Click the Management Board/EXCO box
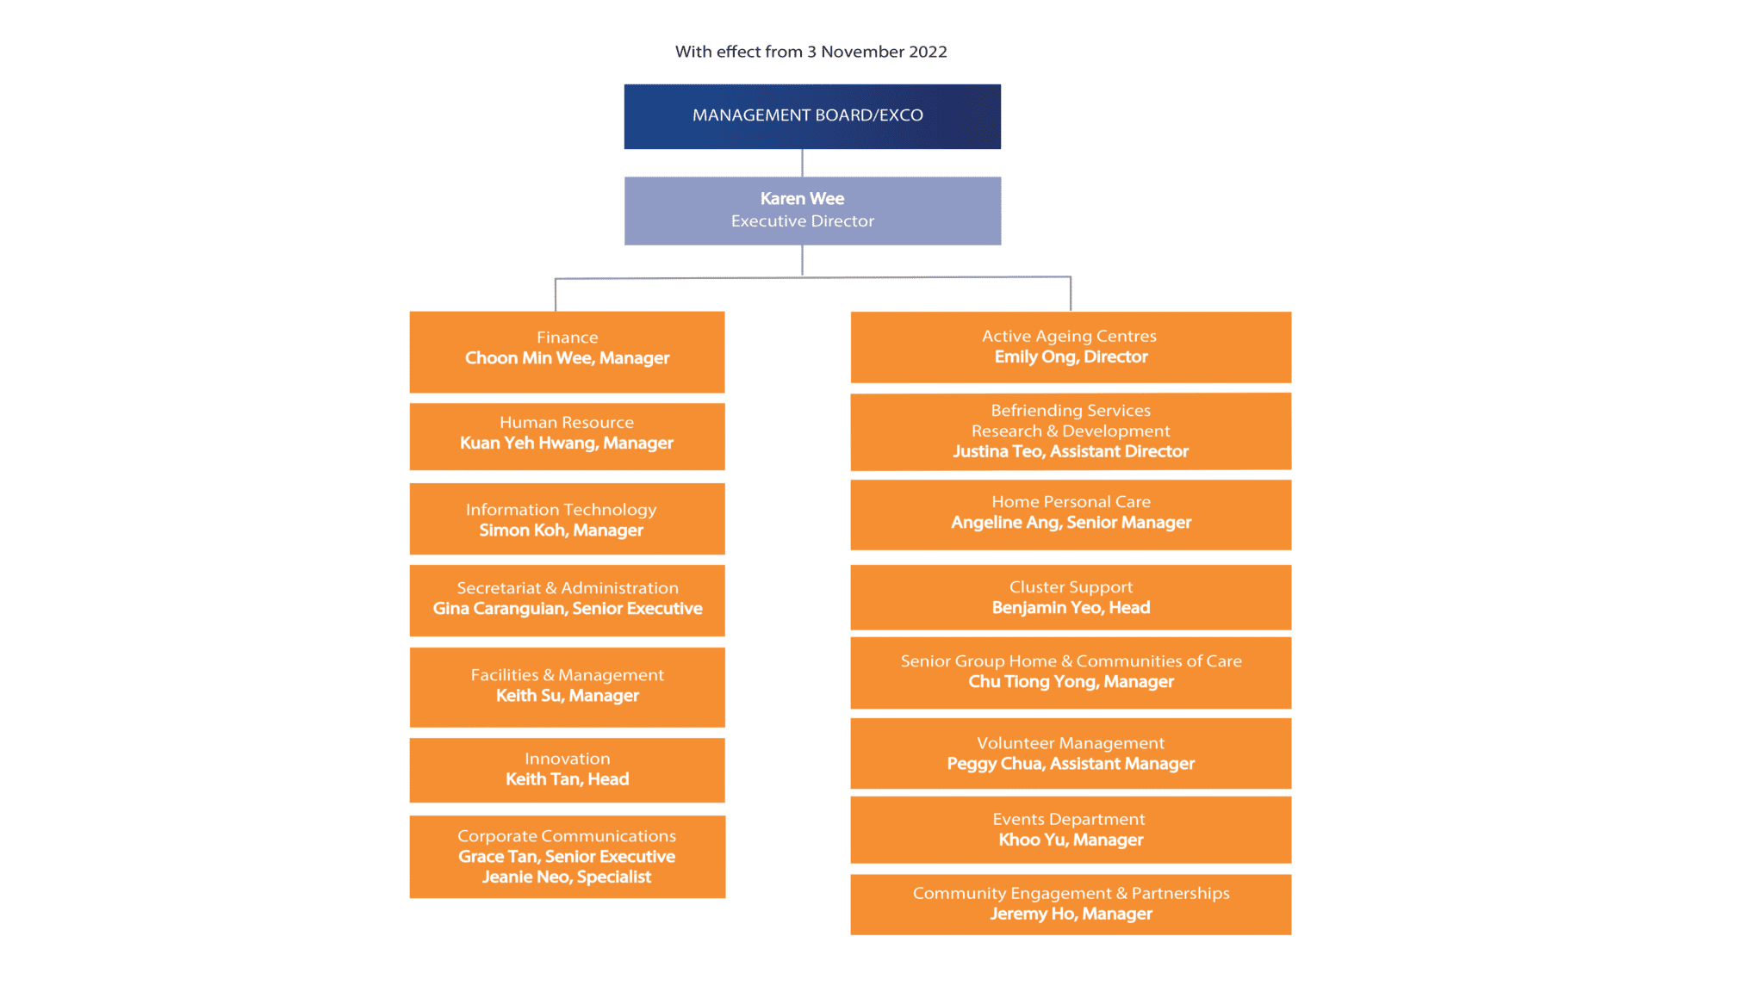pos(812,116)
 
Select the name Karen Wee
pos(802,199)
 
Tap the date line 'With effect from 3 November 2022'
pos(811,52)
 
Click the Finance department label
pos(567,338)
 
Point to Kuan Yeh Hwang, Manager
pos(567,443)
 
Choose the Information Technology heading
pos(561,510)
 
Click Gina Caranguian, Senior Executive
pos(568,609)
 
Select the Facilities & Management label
pos(567,675)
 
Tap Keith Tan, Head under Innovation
pos(567,779)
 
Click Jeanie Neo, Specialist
pos(567,877)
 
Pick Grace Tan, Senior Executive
pos(567,857)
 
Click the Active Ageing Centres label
pos(1069,337)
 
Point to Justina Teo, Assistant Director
pos(1071,451)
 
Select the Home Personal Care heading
pos(1071,502)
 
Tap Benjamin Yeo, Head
pos(1071,608)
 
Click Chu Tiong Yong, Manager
pos(1071,682)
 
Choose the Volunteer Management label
pos(1071,743)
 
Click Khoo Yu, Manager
pos(1071,840)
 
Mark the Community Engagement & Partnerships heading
pos(1071,894)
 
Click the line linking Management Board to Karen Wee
pos(802,163)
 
